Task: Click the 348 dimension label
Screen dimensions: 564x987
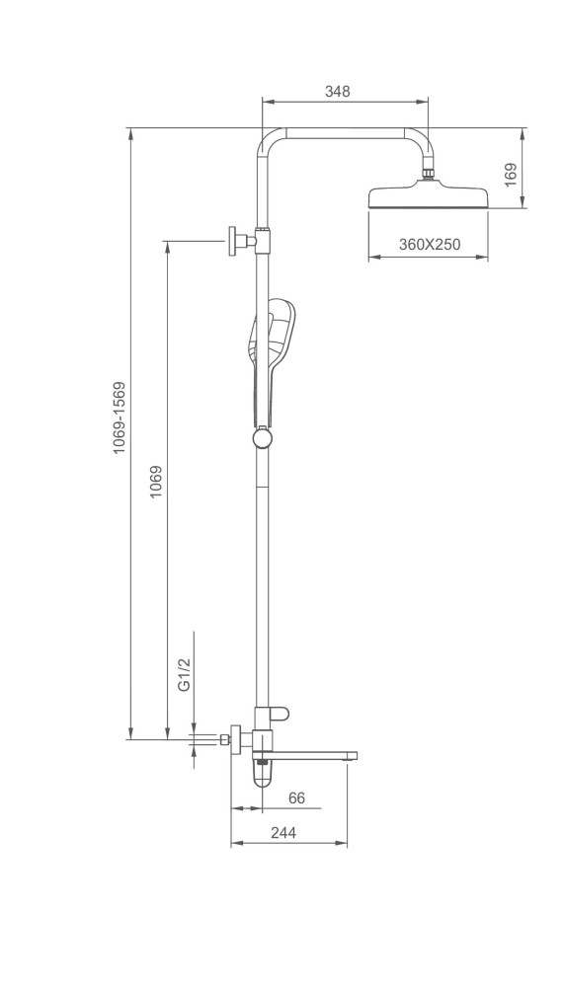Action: (337, 91)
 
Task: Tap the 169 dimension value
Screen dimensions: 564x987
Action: (511, 175)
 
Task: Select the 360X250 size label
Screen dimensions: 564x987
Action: (429, 244)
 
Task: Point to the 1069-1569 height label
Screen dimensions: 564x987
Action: (120, 418)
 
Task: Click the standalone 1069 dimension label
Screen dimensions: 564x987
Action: (156, 482)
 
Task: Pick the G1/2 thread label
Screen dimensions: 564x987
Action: (184, 675)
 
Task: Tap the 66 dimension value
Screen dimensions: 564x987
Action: (296, 797)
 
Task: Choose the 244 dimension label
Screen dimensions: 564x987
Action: (283, 832)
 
